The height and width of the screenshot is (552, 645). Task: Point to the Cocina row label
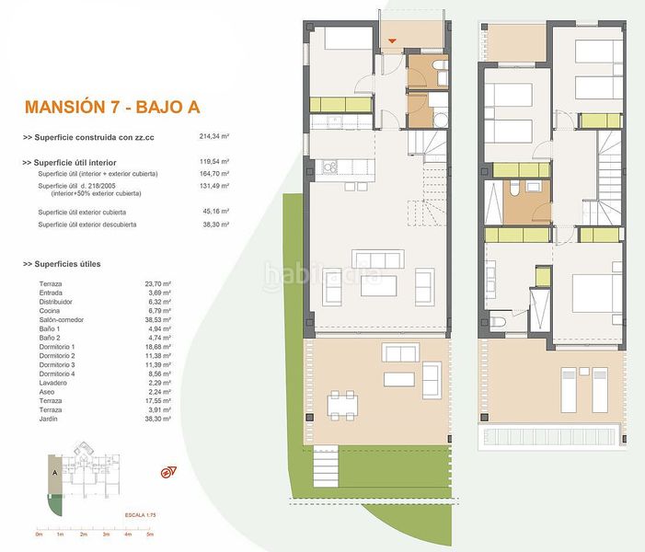click(x=51, y=311)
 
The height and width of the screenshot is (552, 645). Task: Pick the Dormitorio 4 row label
click(x=58, y=374)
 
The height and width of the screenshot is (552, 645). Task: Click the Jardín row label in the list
click(x=50, y=419)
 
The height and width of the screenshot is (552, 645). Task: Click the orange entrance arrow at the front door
click(x=392, y=40)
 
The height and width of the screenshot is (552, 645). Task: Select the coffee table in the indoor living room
click(x=378, y=286)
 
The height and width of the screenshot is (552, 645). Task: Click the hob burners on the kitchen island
click(x=327, y=167)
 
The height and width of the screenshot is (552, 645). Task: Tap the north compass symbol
click(x=168, y=473)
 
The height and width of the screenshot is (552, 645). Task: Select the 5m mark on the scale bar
click(x=149, y=534)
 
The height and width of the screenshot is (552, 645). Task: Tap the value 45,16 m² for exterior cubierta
click(x=213, y=213)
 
